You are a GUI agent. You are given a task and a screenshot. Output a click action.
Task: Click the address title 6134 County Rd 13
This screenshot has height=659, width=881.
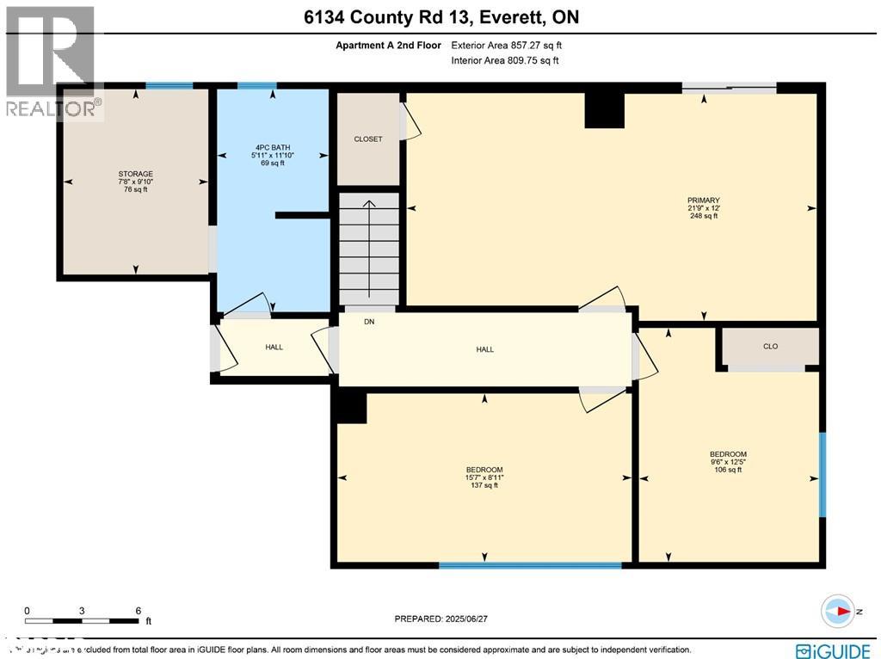pyautogui.click(x=440, y=17)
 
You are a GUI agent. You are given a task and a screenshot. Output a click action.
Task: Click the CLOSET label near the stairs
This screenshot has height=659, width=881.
pyautogui.click(x=367, y=139)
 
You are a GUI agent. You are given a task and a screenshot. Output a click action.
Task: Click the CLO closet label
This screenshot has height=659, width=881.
pyautogui.click(x=770, y=347)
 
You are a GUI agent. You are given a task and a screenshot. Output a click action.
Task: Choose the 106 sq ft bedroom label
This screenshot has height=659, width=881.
pyautogui.click(x=728, y=462)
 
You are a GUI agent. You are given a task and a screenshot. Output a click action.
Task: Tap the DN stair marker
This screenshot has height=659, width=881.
pyautogui.click(x=369, y=322)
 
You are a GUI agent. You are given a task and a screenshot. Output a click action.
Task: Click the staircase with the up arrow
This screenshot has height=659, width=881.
pyautogui.click(x=368, y=246)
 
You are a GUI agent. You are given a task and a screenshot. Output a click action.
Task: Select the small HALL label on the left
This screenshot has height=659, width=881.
pyautogui.click(x=274, y=348)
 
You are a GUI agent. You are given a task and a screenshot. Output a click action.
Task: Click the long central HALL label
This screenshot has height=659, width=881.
pyautogui.click(x=485, y=349)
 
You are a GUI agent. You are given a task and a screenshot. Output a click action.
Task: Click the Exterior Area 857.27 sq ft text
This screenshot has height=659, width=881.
pyautogui.click(x=507, y=46)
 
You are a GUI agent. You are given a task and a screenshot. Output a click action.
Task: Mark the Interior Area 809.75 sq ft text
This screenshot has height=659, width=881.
pyautogui.click(x=505, y=61)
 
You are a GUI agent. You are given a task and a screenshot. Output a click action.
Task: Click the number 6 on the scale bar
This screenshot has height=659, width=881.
pyautogui.click(x=138, y=610)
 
